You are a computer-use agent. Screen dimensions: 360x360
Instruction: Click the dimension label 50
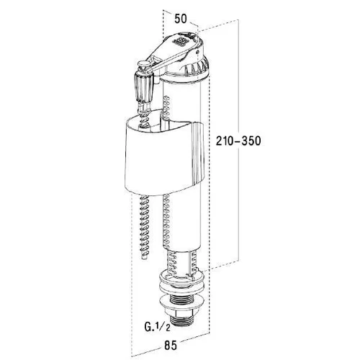[181, 19]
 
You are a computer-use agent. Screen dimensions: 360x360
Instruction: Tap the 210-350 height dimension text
[238, 140]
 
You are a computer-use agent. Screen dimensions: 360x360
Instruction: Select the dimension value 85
[171, 346]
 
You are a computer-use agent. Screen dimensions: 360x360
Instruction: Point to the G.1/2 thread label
[157, 326]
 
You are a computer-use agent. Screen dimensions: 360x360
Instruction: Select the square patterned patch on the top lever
[179, 42]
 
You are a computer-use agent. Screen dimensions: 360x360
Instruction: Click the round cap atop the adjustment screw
[143, 63]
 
